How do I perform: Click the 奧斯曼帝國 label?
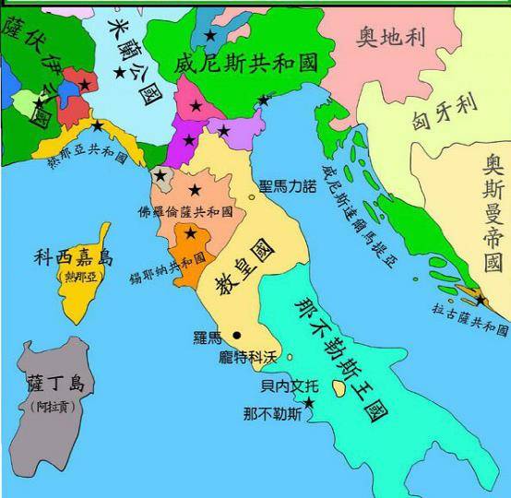click(493, 216)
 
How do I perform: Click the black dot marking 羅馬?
click(237, 335)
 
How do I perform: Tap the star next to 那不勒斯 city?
click(309, 403)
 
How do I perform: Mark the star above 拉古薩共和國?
click(480, 300)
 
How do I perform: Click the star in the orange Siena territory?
click(190, 233)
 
